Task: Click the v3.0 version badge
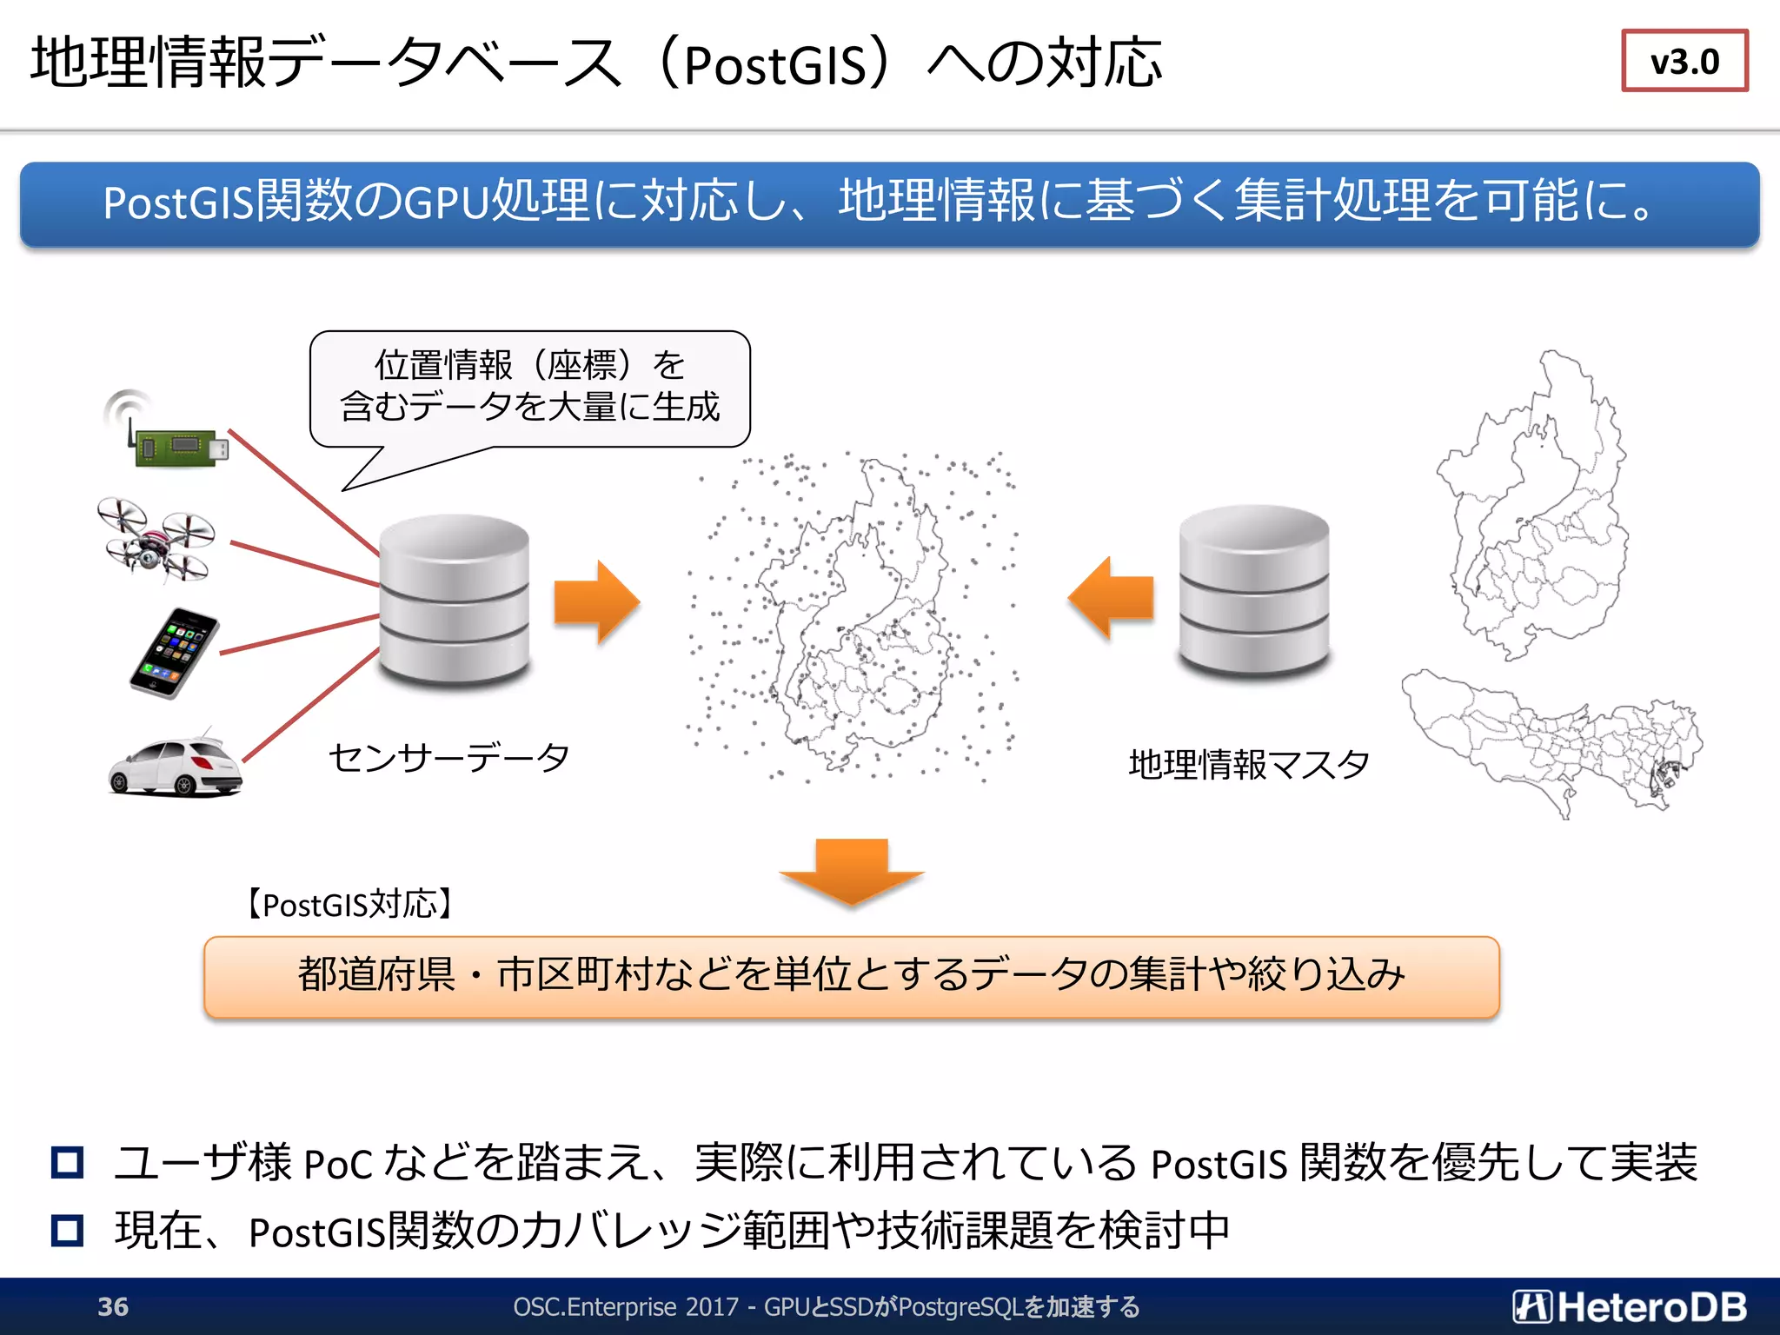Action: click(1684, 61)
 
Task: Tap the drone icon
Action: click(156, 539)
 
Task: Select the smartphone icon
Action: click(174, 653)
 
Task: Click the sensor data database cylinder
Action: click(455, 600)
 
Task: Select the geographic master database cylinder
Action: click(1253, 591)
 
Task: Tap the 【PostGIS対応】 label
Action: click(349, 905)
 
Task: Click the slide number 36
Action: click(113, 1306)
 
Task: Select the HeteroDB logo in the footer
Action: click(1629, 1306)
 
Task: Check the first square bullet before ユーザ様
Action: click(68, 1163)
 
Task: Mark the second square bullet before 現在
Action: click(68, 1231)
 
